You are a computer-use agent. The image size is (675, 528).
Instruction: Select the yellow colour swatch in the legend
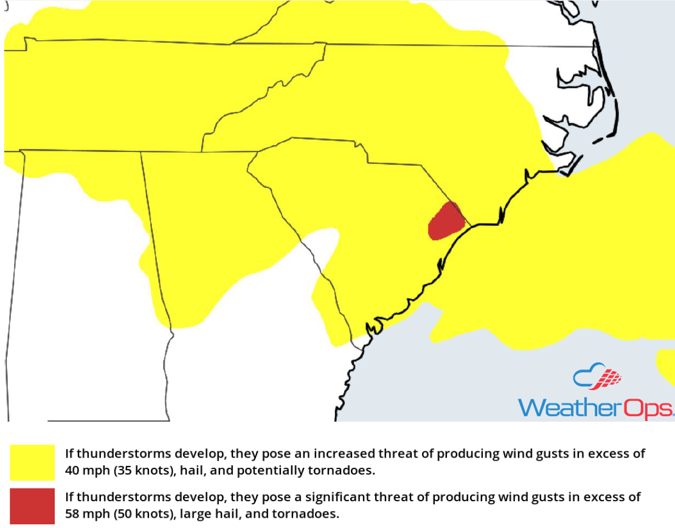pos(32,462)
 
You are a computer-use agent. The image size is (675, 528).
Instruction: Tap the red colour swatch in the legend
pos(32,506)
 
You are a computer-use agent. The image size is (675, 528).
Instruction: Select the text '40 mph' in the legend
pos(85,470)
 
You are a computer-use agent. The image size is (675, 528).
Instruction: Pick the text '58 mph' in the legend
pos(85,513)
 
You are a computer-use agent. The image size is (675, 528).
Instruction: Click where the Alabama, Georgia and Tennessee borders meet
pos(142,152)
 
